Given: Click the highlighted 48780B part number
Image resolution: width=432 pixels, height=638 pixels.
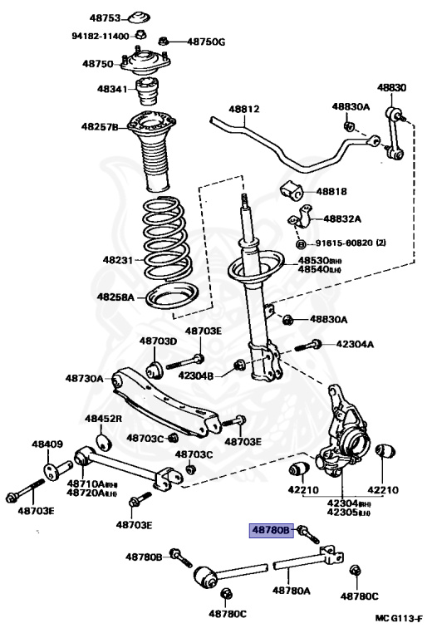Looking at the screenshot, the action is point(271,530).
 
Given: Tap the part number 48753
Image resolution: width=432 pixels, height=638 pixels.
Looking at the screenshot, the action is point(106,18).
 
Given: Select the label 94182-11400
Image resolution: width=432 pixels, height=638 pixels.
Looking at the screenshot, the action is point(101,37).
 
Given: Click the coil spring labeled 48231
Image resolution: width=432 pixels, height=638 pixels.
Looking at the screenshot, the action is point(166,239).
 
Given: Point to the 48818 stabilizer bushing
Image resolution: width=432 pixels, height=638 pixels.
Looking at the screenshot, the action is point(292,191).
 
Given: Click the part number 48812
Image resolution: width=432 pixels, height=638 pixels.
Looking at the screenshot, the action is point(244,109).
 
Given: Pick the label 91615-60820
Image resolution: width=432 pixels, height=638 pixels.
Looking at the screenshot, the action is point(344,243).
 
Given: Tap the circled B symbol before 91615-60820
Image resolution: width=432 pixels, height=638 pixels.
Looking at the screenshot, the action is point(301,243).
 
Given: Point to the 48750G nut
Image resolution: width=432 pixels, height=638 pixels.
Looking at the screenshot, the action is point(164,40).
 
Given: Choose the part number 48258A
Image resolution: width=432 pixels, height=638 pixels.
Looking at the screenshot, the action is point(115,297).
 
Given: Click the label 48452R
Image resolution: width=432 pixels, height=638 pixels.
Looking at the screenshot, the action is point(103,418).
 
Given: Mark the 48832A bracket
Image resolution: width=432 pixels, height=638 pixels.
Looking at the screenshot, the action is point(300,218).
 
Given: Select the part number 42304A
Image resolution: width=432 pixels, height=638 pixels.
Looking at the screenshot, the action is point(355,344).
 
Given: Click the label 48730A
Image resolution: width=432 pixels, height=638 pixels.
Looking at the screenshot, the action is point(84,379).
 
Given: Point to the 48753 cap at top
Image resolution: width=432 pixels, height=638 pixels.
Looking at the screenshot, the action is point(138,17).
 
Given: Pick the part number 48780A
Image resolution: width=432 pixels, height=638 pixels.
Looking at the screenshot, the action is point(291,590).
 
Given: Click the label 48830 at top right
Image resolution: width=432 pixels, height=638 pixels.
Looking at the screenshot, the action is point(391,87).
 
